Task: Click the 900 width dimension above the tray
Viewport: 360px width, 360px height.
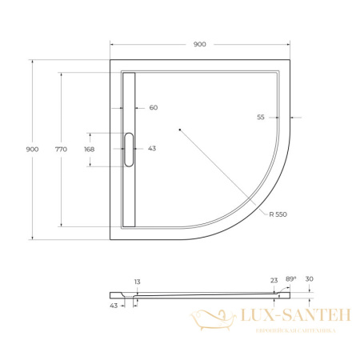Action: tap(199, 44)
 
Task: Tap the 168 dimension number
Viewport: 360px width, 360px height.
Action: tap(89, 149)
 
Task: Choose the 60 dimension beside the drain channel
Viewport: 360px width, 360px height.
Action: tap(154, 107)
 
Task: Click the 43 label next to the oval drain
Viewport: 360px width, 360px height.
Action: tap(152, 149)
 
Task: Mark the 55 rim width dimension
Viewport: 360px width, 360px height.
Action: tap(261, 118)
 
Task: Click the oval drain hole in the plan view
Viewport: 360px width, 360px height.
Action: tap(129, 149)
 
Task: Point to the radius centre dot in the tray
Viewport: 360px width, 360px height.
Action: tap(180, 129)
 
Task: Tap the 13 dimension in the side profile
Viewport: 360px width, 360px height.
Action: tap(138, 282)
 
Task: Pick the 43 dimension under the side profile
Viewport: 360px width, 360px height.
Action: tap(113, 305)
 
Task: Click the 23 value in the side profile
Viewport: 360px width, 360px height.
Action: tap(274, 280)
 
